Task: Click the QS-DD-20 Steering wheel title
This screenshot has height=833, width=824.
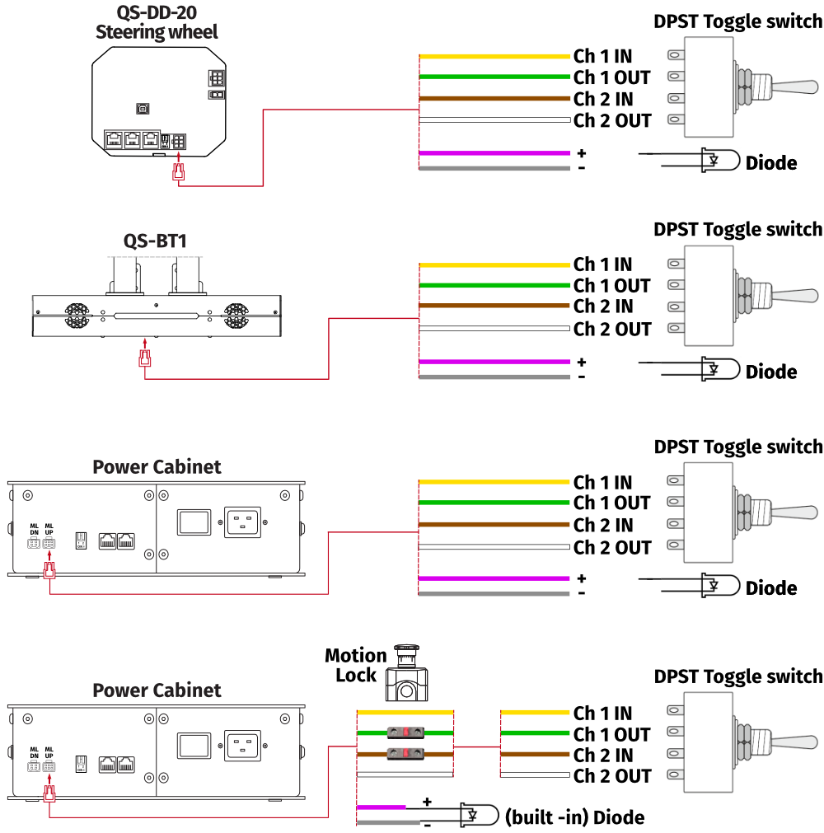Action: click(157, 22)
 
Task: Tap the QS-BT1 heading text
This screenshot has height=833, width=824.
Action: click(157, 241)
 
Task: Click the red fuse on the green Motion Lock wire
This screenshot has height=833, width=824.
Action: click(405, 732)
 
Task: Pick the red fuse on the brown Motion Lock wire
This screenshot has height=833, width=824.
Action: click(405, 753)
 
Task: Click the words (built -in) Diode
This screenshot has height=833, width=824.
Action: click(574, 817)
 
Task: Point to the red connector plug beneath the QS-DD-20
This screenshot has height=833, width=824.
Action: click(177, 171)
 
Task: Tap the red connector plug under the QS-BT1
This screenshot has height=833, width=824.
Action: click(145, 358)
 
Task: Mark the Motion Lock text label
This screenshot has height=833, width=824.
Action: click(355, 665)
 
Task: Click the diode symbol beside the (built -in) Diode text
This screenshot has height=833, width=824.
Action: click(476, 815)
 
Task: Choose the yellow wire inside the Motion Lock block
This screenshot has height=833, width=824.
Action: click(405, 712)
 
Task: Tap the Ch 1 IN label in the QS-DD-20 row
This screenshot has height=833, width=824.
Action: click(603, 56)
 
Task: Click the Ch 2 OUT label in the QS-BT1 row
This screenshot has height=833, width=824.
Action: click(612, 329)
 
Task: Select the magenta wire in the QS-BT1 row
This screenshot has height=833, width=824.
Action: click(494, 362)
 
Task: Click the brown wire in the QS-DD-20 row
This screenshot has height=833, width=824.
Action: click(494, 99)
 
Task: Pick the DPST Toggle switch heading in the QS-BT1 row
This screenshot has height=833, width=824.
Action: click(737, 229)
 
